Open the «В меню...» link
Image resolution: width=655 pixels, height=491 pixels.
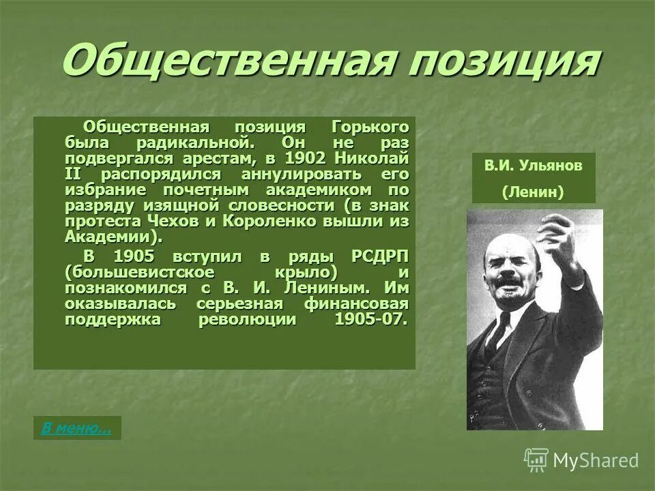coord(76,428)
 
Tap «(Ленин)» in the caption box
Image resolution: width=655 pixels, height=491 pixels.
coord(533,192)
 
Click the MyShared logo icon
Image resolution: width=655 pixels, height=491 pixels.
coord(536,460)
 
